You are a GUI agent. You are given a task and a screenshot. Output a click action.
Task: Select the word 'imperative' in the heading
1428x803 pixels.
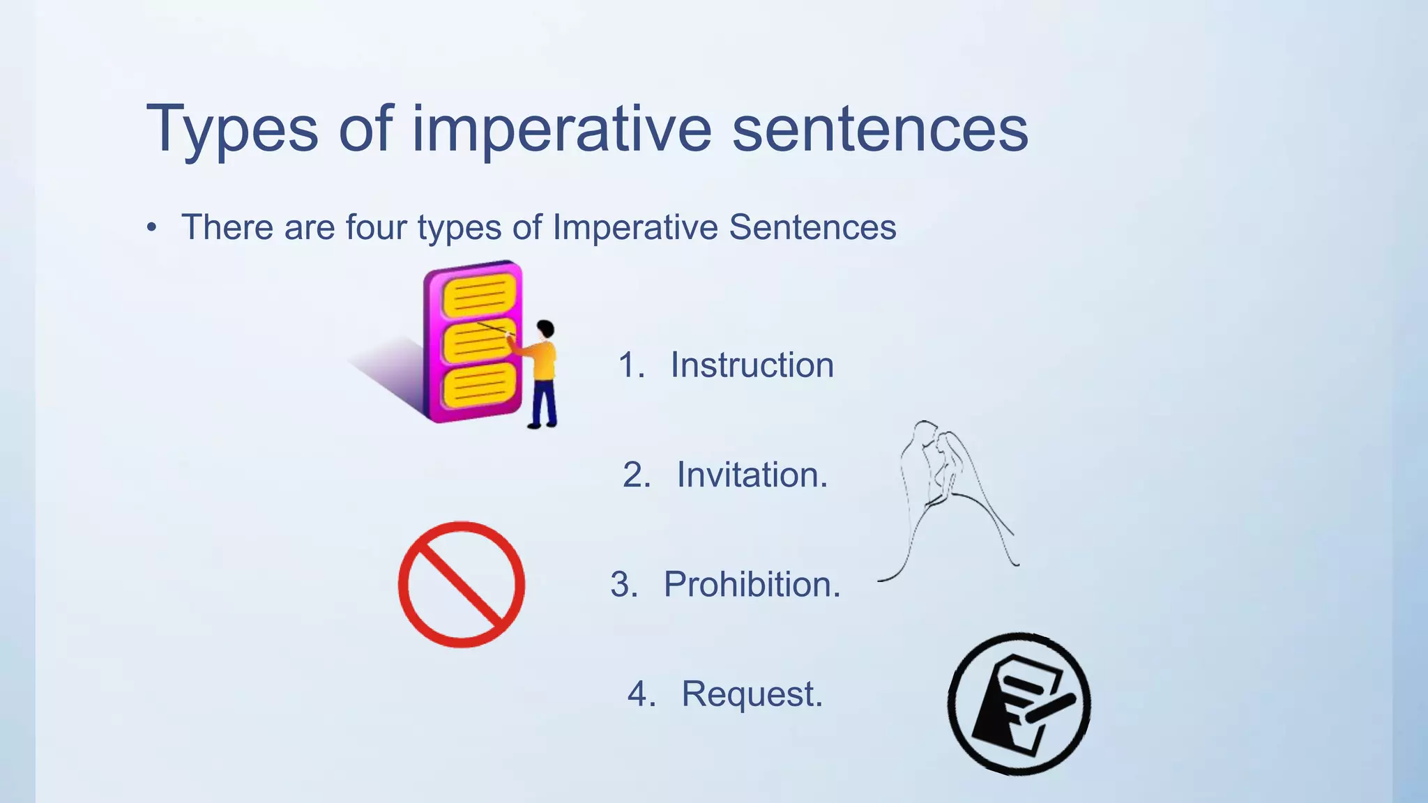561,130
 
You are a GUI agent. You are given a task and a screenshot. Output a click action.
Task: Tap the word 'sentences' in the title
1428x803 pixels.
880,130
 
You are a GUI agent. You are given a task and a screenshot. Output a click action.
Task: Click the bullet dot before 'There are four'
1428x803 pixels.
152,228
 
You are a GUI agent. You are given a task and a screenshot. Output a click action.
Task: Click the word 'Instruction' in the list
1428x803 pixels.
752,365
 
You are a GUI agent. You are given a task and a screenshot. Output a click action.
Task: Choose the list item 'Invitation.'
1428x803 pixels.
752,475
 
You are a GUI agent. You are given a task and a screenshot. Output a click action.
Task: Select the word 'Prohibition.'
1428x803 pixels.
752,585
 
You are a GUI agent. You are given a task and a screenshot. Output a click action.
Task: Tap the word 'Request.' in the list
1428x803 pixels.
752,694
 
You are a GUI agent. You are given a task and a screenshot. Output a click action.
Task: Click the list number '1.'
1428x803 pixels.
632,365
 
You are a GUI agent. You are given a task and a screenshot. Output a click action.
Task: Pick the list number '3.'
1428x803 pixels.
624,585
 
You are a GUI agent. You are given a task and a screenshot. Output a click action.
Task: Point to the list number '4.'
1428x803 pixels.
641,694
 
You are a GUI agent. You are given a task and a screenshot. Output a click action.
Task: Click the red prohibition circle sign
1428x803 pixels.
462,585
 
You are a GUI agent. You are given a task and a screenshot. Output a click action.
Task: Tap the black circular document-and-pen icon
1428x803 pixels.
1019,704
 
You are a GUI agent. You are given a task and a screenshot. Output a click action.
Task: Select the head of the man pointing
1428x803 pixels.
545,329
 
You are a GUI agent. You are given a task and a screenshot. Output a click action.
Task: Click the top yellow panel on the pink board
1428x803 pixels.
479,296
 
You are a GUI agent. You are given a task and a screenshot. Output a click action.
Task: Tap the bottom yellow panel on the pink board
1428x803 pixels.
480,386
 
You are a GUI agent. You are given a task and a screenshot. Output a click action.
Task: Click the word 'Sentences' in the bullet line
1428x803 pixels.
812,227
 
